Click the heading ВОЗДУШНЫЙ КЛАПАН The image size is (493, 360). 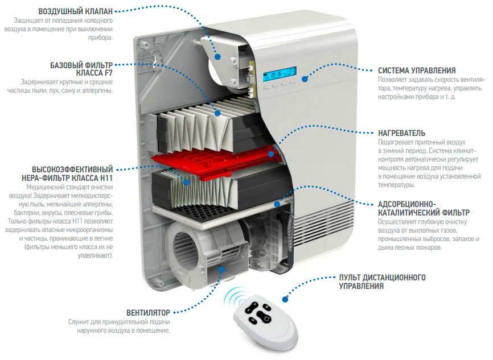(x=75, y=11)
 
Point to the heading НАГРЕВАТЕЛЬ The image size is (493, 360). (x=405, y=132)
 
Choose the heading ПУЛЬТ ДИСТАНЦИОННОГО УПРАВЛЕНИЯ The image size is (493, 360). (x=383, y=282)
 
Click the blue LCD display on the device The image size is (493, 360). (x=280, y=75)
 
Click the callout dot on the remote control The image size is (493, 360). (x=285, y=298)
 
